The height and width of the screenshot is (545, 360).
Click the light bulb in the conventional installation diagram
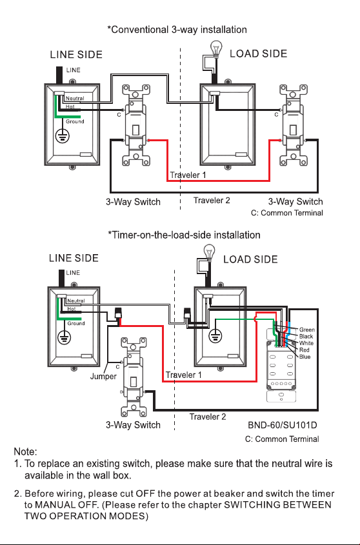pos(216,48)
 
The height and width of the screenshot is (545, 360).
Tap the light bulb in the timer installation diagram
pos(209,253)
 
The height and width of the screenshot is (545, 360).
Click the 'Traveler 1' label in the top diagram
pos(188,175)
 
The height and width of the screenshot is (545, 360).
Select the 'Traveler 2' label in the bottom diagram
pos(208,417)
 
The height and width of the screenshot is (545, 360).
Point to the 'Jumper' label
pos(103,377)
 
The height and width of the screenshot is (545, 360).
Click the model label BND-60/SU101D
pos(282,425)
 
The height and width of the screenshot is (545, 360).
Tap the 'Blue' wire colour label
pos(305,357)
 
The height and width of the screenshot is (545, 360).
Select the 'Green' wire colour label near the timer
pos(307,330)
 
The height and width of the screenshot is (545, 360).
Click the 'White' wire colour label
pos(306,343)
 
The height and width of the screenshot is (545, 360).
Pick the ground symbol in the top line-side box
pos(63,135)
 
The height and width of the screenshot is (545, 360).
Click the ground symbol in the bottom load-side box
pos(215,336)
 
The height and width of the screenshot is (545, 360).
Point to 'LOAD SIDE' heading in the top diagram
pos(259,54)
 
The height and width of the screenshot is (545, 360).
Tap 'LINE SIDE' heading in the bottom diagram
pos(74,258)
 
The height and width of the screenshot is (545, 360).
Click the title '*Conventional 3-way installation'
pos(177,30)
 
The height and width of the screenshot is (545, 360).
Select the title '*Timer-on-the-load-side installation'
pos(184,235)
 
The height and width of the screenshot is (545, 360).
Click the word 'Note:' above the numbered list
pos(25,451)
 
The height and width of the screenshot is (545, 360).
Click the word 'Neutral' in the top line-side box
pos(75,99)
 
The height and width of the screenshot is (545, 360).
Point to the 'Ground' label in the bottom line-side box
pos(76,323)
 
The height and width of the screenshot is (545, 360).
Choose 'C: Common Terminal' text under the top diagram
pos(287,213)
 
